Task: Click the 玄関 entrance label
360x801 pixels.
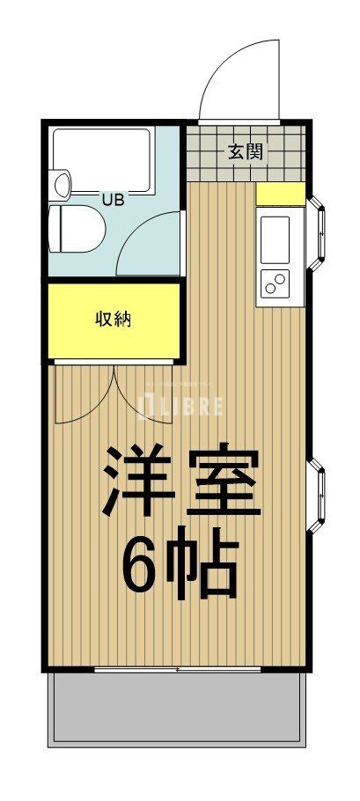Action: (x=246, y=151)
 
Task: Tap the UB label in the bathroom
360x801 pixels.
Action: (x=113, y=200)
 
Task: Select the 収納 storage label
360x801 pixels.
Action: (x=113, y=320)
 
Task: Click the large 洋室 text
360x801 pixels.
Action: (x=181, y=481)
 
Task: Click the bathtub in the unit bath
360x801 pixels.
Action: (x=102, y=161)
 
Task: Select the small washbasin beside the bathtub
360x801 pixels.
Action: (x=61, y=185)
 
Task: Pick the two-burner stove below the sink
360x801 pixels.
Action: (x=276, y=284)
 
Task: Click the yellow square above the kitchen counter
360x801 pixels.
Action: (x=281, y=194)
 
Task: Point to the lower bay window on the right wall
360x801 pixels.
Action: (x=319, y=496)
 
